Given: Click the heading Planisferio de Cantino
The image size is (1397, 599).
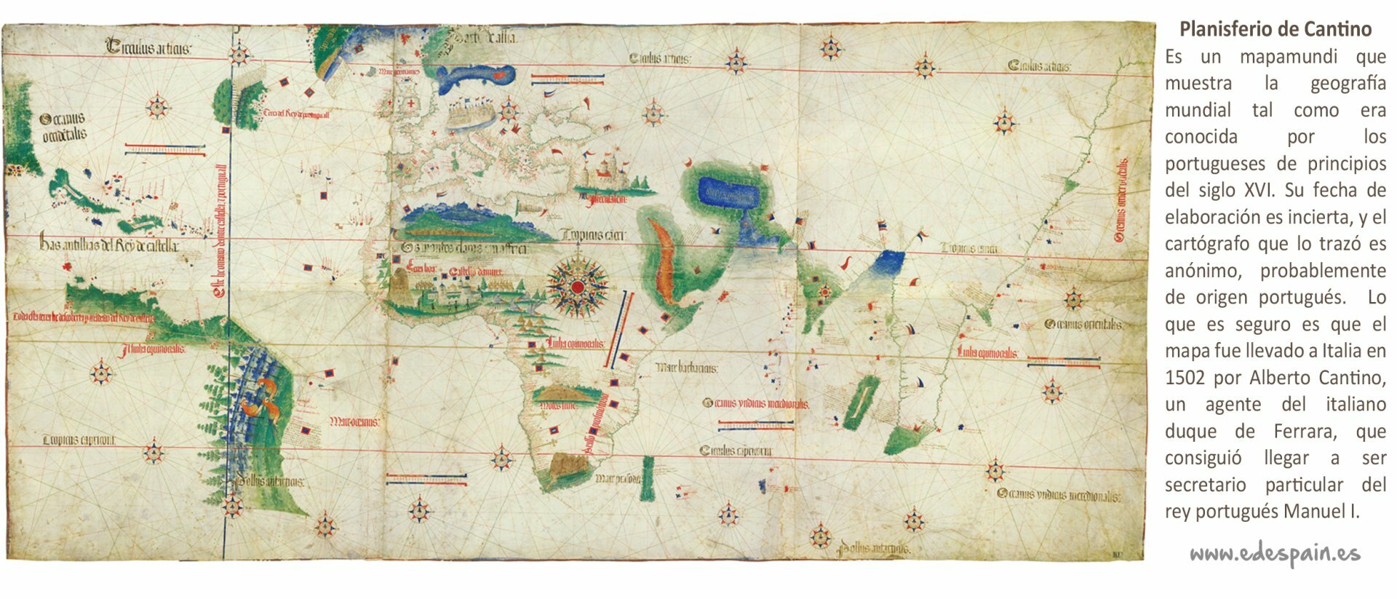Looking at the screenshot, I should coord(1275,29).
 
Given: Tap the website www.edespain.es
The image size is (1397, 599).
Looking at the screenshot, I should coord(1275,554).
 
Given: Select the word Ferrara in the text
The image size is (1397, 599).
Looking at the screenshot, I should coord(1305,432).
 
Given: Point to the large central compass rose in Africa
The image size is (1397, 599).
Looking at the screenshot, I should coord(578,286).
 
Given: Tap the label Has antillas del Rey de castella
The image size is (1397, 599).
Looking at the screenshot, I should coord(109,246).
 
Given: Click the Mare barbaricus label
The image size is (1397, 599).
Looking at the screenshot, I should coord(686,368).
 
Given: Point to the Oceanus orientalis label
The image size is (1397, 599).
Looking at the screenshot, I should coord(1083,325).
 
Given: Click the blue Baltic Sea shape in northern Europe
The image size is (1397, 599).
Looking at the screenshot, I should coord(477,74).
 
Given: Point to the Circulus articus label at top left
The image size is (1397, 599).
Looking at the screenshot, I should coord(148,49).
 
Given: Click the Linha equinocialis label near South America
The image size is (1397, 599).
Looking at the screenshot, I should coord(154,349).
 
